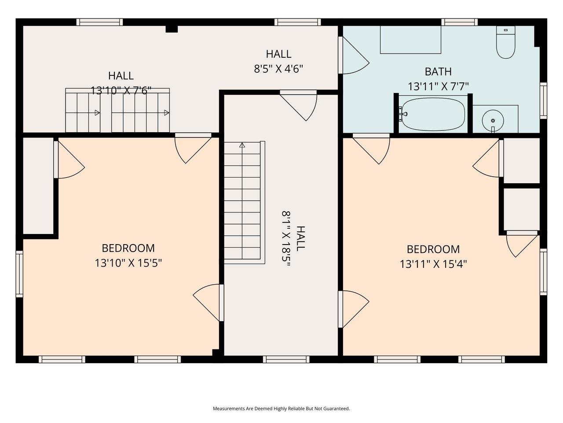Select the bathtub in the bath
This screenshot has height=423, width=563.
432,114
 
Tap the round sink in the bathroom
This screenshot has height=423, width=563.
493,120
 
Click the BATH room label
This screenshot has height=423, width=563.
438,71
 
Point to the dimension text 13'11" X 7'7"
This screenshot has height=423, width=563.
438,87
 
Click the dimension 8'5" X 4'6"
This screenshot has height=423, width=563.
278,69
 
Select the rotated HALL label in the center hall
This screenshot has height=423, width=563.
300,238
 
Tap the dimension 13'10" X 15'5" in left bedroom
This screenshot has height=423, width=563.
128,263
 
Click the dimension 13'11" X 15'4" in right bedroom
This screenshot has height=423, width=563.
433,264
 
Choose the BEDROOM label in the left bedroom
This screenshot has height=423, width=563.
128,248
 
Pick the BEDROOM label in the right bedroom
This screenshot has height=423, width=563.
433,249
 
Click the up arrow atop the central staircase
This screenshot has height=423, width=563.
242,145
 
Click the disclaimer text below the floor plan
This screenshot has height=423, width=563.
281,409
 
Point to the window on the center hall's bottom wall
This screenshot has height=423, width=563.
286,359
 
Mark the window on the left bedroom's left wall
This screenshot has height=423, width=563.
19,273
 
